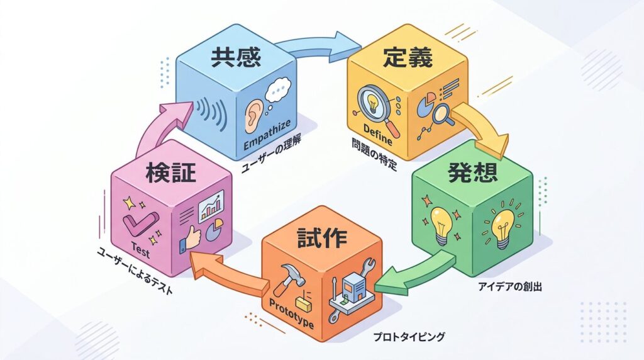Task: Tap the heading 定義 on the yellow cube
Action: [407, 59]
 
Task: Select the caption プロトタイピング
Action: [409, 337]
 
